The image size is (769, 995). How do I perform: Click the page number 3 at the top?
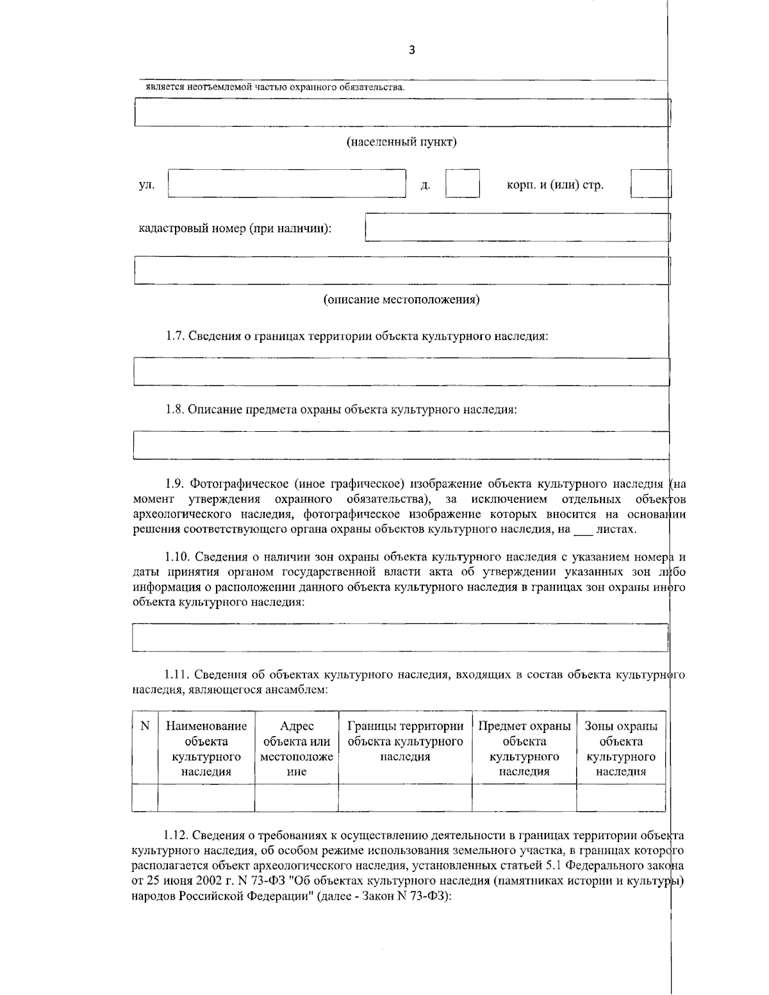coord(411,51)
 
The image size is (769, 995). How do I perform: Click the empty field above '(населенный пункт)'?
coord(401,113)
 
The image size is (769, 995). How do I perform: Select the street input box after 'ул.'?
coord(286,183)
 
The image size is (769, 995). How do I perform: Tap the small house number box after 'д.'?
coord(462,183)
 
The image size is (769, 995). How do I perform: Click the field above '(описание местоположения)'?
coord(401,270)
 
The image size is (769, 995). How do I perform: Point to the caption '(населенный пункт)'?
coord(401,142)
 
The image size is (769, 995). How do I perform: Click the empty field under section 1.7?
coord(401,372)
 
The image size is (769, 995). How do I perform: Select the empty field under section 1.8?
coord(401,446)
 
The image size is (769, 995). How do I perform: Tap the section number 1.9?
coord(175,484)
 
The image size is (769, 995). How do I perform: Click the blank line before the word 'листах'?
coord(583,530)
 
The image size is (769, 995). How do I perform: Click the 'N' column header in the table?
coord(145,726)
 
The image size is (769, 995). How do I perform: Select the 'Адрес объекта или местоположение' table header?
coord(297,748)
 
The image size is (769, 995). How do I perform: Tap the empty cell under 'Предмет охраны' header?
coord(524,797)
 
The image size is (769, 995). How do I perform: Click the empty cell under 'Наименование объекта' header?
coord(206,797)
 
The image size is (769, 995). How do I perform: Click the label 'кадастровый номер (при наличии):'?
coord(235,228)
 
